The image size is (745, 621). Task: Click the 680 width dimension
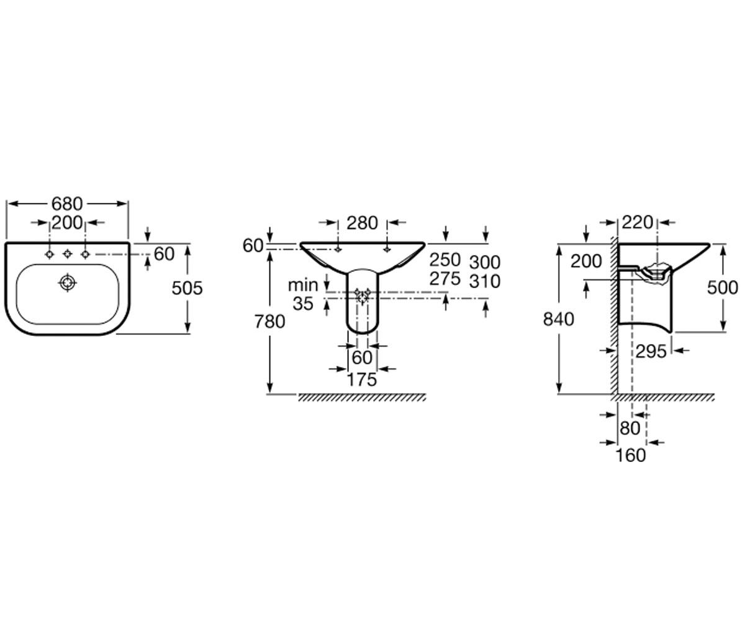[x=67, y=204]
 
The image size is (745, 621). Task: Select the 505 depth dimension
[x=187, y=288]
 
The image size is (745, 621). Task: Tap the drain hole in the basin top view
[x=67, y=283]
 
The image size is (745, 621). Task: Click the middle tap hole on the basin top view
[x=67, y=254]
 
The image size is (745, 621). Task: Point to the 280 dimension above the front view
[x=362, y=224]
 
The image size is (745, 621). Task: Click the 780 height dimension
[x=269, y=322]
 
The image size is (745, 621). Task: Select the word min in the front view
[x=302, y=285]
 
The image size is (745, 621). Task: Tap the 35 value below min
[x=303, y=304]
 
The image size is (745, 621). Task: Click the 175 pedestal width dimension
[x=362, y=379]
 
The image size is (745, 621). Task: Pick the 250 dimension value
[x=445, y=260]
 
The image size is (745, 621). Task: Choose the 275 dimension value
[x=445, y=279]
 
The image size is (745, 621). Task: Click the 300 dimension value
[x=484, y=263]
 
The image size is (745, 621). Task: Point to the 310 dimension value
[x=484, y=281]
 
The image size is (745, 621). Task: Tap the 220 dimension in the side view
[x=637, y=223]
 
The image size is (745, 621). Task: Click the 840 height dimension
[x=558, y=319]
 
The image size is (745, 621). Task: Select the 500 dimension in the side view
[x=723, y=288]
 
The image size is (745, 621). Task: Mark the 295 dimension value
[x=651, y=352]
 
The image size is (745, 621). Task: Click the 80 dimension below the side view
[x=630, y=428]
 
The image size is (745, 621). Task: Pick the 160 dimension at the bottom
[x=631, y=456]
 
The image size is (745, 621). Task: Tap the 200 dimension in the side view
[x=586, y=261]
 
